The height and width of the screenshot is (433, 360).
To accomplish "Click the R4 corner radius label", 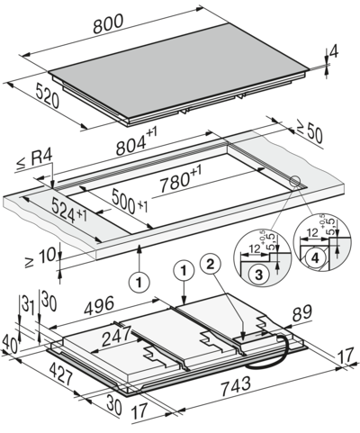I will [x=40, y=164].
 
